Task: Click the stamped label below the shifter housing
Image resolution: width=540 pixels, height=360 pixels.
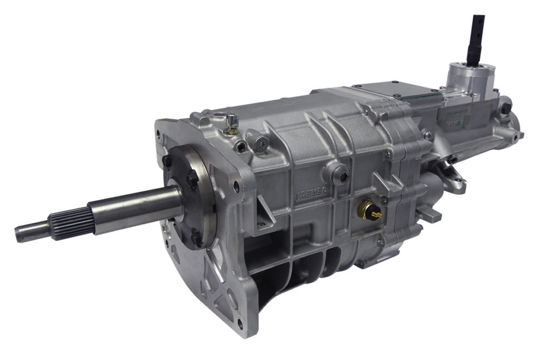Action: pyautogui.click(x=454, y=119)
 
